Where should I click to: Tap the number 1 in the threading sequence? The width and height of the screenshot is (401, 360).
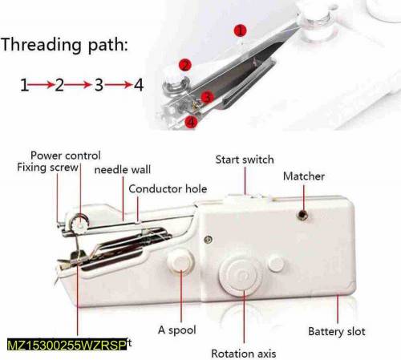24,84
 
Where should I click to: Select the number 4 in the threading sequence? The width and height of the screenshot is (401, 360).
137,84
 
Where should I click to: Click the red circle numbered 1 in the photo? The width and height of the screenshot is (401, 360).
239,30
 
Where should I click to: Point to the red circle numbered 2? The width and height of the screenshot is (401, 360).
185,65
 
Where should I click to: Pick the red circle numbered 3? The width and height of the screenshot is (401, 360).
207,97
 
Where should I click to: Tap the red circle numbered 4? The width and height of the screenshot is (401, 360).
191,122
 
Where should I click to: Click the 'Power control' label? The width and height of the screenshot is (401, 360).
66,155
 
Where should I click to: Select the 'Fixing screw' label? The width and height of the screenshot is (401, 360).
47,168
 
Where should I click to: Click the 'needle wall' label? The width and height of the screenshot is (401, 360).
123,170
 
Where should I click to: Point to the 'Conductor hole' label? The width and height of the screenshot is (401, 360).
168,189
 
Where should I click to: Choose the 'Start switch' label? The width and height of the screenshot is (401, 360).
245,160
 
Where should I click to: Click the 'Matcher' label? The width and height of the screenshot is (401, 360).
304,176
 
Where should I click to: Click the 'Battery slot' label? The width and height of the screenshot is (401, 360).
338,331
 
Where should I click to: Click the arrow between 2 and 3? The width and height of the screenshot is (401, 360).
78,84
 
